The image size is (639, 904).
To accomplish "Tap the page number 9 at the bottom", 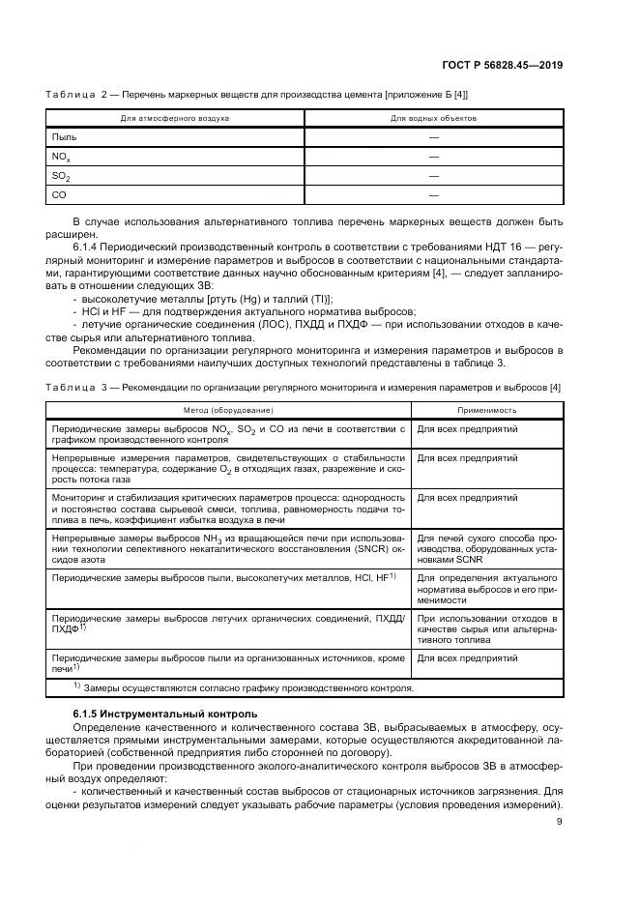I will point(560,823).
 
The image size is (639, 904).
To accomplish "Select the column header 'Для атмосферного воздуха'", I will point(174,118).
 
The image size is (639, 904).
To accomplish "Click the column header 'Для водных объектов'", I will point(433,118).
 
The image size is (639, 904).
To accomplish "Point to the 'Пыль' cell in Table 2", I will point(64,137).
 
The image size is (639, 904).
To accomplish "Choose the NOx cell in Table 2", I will point(61,157).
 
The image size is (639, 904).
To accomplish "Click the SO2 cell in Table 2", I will point(61,176).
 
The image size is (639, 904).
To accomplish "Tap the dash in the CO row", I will point(433,195).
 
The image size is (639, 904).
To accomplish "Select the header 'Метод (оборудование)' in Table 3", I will point(230,410).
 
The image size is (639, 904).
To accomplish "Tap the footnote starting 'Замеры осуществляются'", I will point(247,688).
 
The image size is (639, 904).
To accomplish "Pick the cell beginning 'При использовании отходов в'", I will point(486,627).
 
